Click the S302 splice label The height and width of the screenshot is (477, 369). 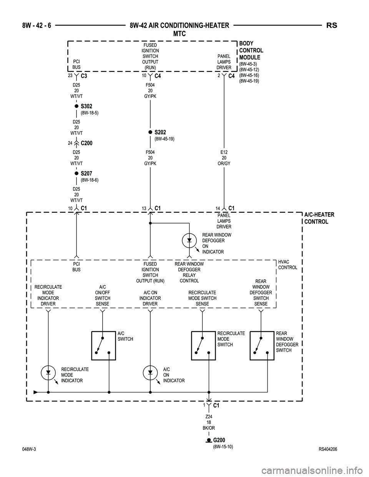[86, 106]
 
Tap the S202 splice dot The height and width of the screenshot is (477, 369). [150, 132]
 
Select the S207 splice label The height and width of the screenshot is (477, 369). [86, 174]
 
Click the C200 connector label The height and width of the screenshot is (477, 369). [87, 143]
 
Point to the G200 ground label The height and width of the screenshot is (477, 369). [219, 440]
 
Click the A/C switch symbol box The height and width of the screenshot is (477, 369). [103, 345]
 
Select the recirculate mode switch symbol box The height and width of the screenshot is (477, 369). [203, 345]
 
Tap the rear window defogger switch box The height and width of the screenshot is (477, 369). [262, 345]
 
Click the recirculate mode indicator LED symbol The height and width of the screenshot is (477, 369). [48, 373]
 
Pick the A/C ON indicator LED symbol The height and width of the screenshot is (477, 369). [150, 373]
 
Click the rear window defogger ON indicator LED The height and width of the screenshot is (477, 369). [189, 240]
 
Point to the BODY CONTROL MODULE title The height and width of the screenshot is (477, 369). [251, 50]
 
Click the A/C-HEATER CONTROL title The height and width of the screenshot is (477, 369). [319, 218]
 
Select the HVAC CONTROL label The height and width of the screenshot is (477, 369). [288, 265]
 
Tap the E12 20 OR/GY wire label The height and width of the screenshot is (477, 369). [224, 157]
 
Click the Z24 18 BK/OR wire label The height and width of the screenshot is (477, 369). [209, 422]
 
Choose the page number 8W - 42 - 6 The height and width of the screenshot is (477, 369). [35, 26]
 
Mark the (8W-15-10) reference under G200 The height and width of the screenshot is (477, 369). [223, 447]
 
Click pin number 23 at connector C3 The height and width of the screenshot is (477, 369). [70, 76]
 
